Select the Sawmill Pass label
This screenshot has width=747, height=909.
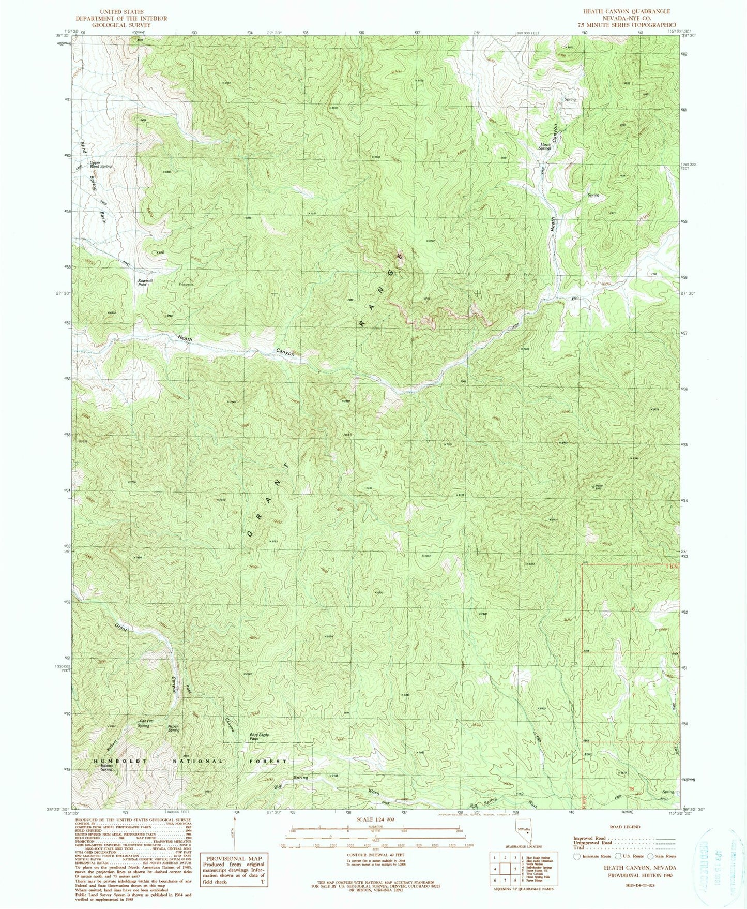pyautogui.click(x=144, y=282)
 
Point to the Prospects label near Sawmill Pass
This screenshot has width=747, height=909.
pyautogui.click(x=186, y=284)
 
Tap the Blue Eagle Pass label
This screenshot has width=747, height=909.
pyautogui.click(x=260, y=736)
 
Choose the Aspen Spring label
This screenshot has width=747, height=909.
pyautogui.click(x=173, y=728)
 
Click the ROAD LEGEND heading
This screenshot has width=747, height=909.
pyautogui.click(x=624, y=827)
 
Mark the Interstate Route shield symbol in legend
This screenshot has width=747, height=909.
pyautogui.click(x=577, y=857)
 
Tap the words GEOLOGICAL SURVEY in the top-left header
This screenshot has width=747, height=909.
pyautogui.click(x=121, y=25)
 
